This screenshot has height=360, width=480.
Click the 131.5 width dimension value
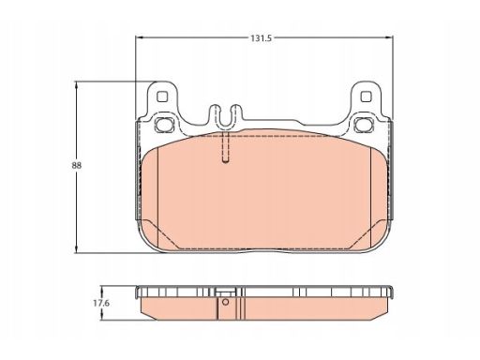coord(261,38)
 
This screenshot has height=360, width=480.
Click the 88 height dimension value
coord(77,165)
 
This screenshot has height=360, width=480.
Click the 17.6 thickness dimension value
coord(101,303)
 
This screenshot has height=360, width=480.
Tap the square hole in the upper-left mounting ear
coord(162,97)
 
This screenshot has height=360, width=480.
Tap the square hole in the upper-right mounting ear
coord(366,97)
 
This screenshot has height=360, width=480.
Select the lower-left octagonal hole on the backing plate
coord(164,125)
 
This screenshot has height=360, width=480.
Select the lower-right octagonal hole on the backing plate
coord(364,125)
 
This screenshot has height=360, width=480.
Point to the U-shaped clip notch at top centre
coord(225,116)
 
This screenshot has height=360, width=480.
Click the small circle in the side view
coord(225,302)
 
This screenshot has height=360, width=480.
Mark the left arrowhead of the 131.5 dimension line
coord(139,37)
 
